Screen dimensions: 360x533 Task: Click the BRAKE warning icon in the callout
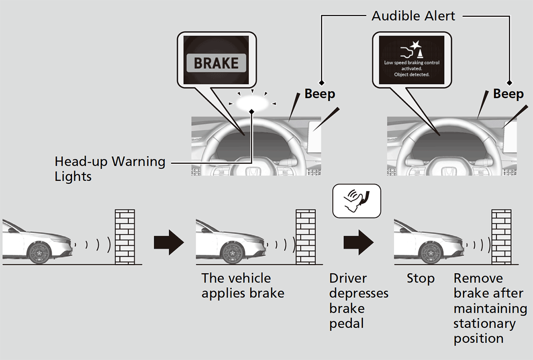(216, 63)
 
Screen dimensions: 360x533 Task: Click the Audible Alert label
(413, 16)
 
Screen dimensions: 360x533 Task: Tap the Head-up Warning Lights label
(110, 168)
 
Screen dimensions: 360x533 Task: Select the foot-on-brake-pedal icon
(357, 201)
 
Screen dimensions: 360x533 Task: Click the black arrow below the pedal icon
(358, 242)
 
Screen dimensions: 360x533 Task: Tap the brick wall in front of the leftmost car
(124, 237)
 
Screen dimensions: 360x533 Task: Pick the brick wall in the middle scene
(306, 237)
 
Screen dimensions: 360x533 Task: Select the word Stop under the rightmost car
(420, 279)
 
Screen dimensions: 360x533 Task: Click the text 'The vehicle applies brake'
(243, 286)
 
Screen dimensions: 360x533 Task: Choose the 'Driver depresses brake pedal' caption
(358, 301)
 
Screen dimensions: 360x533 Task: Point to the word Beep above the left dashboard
(319, 94)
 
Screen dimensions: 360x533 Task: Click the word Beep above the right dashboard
(508, 94)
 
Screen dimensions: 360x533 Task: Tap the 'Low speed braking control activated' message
(412, 69)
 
